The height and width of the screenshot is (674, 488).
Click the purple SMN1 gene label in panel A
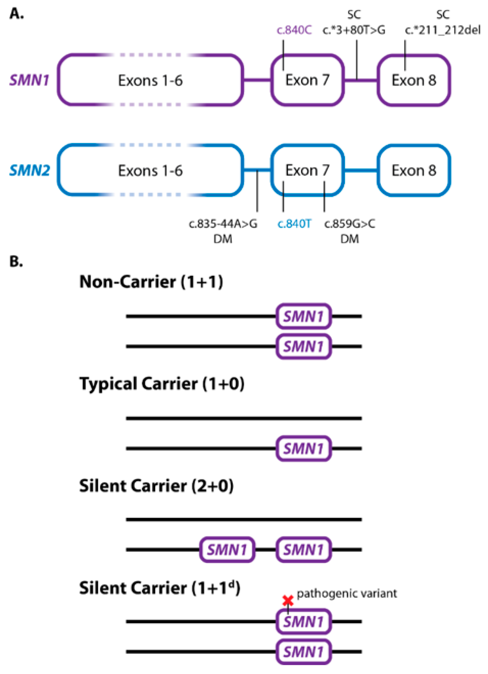tap(29, 80)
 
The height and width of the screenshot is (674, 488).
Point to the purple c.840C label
tap(294, 30)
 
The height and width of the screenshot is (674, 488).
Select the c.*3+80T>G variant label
tap(354, 30)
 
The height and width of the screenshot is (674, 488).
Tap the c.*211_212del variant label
tap(442, 30)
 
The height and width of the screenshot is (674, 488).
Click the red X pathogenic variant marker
tap(288, 601)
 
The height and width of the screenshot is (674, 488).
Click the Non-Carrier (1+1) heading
tap(151, 282)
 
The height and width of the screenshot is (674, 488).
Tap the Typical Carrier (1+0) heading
tap(162, 384)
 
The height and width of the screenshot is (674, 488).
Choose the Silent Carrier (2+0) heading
tap(156, 486)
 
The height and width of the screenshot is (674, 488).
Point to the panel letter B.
tap(16, 262)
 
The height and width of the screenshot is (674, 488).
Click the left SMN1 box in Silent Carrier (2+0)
tap(227, 550)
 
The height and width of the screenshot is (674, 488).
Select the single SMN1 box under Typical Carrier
tap(303, 448)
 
